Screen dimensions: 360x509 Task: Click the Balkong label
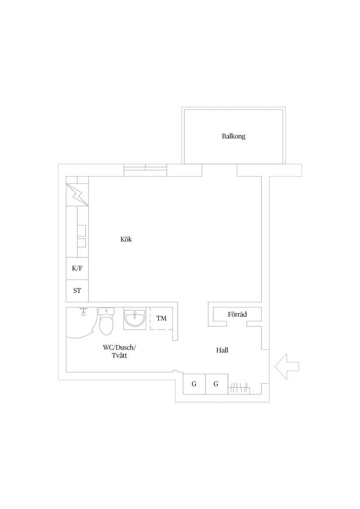point(233,137)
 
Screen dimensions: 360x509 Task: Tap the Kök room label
point(126,239)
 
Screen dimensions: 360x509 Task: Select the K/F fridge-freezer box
point(77,269)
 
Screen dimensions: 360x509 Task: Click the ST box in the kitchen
point(77,290)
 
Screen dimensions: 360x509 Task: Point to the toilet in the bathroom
point(106,321)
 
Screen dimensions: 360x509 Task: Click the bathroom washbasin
point(135,319)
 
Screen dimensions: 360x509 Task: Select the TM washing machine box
point(161,318)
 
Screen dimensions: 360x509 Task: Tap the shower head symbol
point(83,311)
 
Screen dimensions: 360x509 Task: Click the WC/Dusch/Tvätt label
point(119,351)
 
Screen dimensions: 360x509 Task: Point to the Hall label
point(222,350)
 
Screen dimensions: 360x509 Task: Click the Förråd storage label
point(237,314)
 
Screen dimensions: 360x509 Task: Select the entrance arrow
point(287,366)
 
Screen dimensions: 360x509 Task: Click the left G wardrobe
point(194,384)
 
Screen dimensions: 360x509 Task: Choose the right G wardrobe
point(216,384)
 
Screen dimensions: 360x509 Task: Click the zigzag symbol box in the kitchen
point(77,195)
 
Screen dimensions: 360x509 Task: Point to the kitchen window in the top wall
point(145,170)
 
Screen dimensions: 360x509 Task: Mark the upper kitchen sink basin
point(82,229)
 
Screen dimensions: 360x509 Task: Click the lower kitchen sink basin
point(82,243)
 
